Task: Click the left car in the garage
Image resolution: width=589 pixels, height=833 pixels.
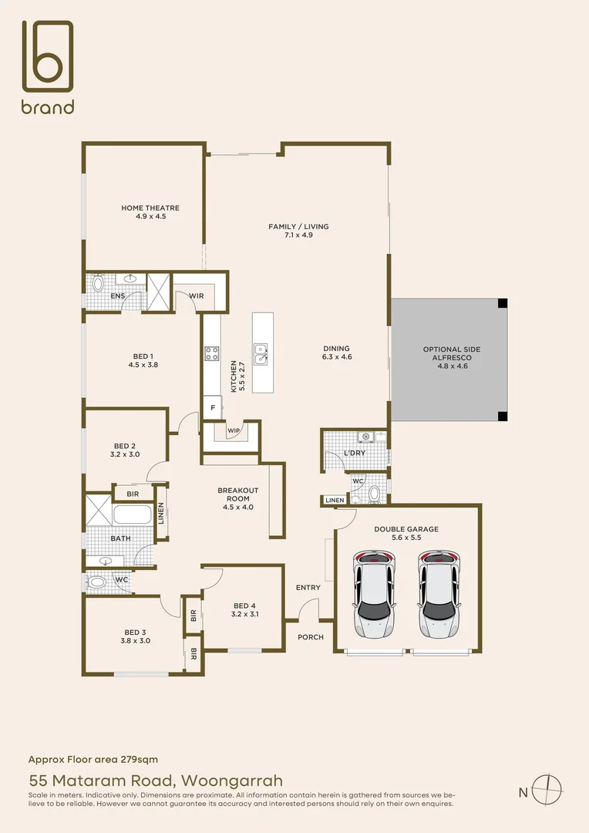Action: pos(374,594)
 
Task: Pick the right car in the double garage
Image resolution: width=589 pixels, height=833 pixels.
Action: pos(439,594)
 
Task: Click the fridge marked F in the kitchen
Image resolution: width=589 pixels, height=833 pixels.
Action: pos(213,407)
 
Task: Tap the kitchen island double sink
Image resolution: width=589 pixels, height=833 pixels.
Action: pos(261,354)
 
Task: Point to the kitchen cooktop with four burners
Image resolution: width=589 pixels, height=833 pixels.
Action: pos(212,353)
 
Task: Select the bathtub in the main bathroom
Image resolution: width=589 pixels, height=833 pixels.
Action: pos(133,514)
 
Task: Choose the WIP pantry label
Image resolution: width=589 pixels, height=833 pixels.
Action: pos(233,430)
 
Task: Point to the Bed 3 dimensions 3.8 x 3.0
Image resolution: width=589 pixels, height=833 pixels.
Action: pos(136,641)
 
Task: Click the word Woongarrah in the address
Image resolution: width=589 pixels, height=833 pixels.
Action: pos(232,781)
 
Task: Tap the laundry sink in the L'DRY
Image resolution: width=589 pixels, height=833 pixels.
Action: pos(365,437)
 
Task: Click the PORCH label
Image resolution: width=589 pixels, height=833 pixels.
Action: pos(311,637)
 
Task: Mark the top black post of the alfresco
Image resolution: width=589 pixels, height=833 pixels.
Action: pos(503,303)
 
